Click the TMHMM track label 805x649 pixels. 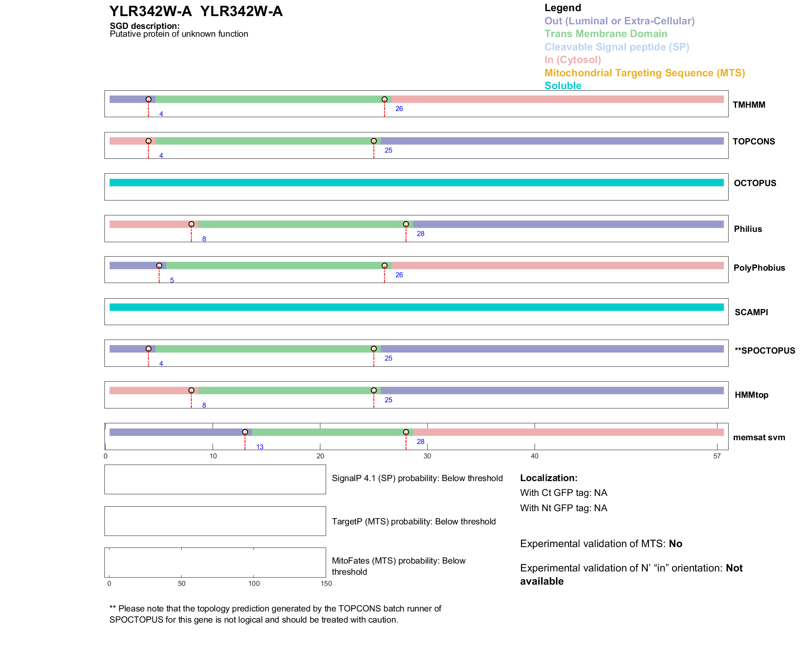click(748, 105)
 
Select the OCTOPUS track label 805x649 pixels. click(755, 183)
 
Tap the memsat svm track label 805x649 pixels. click(759, 437)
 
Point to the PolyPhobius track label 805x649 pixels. click(759, 268)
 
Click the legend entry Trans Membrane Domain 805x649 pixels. click(606, 34)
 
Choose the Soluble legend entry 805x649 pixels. click(563, 86)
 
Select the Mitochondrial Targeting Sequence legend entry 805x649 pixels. click(644, 73)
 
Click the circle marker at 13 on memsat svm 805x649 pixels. click(245, 432)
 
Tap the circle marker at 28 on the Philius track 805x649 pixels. click(406, 224)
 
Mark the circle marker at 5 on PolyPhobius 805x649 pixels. click(159, 266)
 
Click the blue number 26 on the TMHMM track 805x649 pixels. click(399, 109)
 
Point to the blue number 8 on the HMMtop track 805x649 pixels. click(204, 406)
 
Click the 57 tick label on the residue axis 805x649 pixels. click(717, 456)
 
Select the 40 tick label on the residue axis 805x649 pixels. click(534, 456)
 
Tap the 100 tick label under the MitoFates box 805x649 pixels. click(254, 583)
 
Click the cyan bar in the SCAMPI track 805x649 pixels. click(416, 307)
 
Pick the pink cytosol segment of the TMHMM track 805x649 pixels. click(557, 99)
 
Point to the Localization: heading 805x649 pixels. click(548, 478)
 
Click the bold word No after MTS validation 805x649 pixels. click(675, 544)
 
